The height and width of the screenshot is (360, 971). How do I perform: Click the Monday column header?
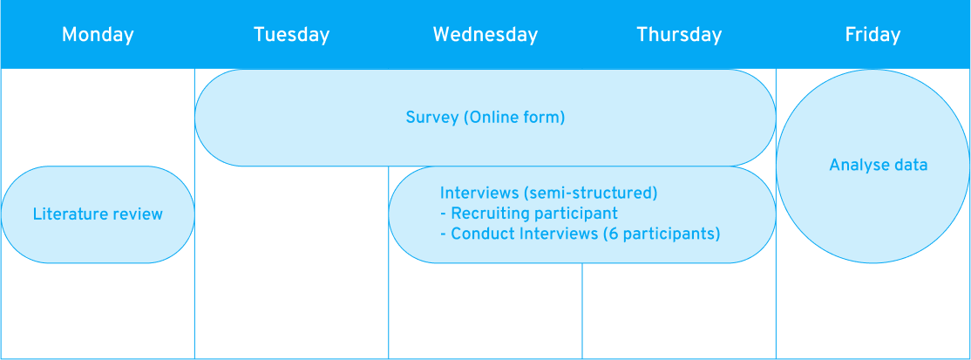[x=98, y=35]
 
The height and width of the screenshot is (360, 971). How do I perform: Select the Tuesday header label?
[x=291, y=35]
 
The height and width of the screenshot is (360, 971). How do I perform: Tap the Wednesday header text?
[x=485, y=35]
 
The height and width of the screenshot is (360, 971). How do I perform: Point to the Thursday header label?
[x=679, y=35]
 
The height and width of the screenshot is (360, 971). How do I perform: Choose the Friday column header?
[x=873, y=35]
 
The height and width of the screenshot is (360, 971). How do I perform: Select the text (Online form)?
[x=514, y=117]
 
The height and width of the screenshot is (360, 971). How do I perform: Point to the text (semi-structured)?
[x=589, y=194]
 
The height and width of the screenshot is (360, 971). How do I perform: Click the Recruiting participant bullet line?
[x=529, y=214]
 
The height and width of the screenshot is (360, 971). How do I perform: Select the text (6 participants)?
[x=662, y=234]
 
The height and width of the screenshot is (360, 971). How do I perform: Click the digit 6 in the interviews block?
[x=614, y=234]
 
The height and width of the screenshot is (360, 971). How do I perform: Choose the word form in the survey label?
[x=547, y=117]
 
